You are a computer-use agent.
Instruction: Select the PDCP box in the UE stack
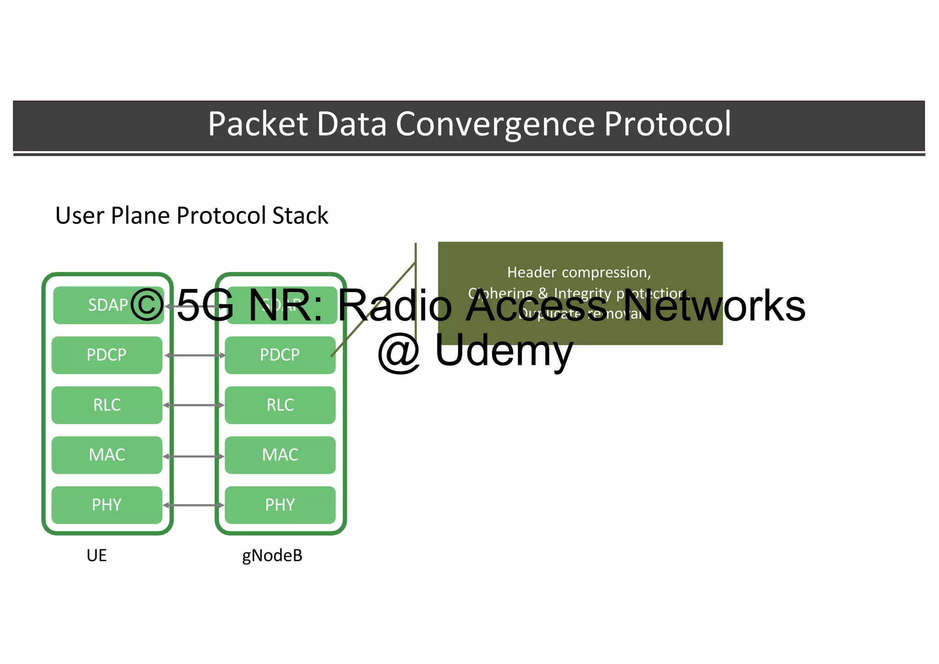coord(107,355)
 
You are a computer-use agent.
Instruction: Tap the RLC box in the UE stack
coord(107,405)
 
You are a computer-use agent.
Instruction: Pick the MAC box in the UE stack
coord(107,455)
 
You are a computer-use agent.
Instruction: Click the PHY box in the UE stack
coord(107,505)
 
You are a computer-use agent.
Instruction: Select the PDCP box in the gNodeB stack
coord(280,355)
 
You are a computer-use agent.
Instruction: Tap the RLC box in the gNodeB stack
coord(280,405)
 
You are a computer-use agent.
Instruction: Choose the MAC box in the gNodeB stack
coord(280,455)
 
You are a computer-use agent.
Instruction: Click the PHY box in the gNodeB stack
coord(280,505)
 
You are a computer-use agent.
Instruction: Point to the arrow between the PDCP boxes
coord(195,356)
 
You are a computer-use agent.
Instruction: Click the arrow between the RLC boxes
coord(194,405)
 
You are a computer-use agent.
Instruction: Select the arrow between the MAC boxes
coord(194,457)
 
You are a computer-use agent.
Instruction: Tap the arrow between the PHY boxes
coord(194,505)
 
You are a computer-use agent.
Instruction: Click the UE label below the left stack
coord(97,556)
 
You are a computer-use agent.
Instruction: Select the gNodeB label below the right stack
coord(272,556)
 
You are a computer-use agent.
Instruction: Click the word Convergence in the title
coord(496,124)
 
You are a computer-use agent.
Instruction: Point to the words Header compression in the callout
coord(579,273)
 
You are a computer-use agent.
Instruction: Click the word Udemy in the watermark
coord(504,351)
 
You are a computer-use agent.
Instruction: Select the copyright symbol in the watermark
coord(147,305)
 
